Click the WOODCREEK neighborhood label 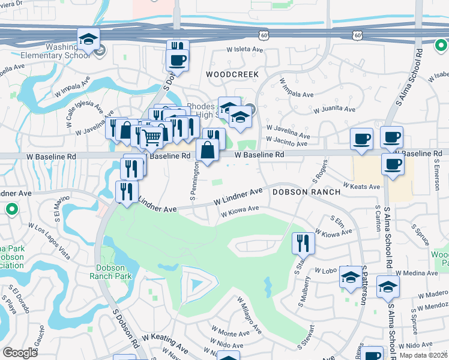click(x=232, y=74)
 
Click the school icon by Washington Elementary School click(x=88, y=40)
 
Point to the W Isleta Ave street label click(x=246, y=49)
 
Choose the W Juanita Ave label click(x=334, y=109)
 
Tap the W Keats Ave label click(x=361, y=187)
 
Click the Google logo click(x=20, y=353)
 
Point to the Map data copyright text click(x=424, y=355)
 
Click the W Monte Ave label click(x=228, y=332)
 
